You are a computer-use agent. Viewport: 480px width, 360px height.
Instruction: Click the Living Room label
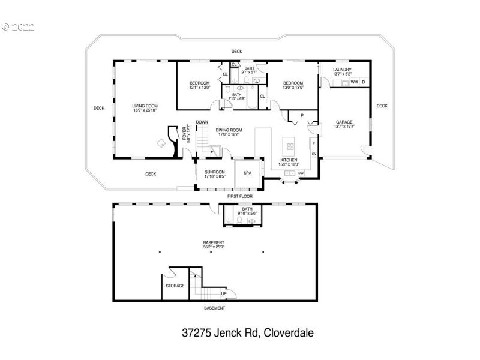point(145,108)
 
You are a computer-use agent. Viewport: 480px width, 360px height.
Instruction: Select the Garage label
point(343,124)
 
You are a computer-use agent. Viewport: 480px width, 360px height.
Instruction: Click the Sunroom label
point(214,174)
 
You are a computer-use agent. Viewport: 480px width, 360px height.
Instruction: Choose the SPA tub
point(247,173)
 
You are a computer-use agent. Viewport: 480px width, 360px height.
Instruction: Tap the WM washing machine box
point(354,82)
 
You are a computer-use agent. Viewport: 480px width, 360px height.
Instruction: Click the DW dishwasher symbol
point(301,173)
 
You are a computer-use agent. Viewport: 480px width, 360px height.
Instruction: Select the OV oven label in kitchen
point(313,154)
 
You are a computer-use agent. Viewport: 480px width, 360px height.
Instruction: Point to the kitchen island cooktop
point(290,146)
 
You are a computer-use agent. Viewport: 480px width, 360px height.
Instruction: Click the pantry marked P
point(302,115)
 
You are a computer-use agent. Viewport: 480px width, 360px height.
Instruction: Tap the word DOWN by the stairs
point(202,122)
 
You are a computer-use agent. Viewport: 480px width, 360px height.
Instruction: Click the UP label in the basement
point(223,293)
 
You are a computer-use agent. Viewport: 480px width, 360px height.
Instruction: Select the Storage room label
point(175,286)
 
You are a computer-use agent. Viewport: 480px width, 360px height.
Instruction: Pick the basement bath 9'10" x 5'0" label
point(247,211)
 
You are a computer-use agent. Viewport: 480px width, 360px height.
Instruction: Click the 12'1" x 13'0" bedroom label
point(199,85)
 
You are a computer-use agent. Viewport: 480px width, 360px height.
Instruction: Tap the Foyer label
point(185,133)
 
